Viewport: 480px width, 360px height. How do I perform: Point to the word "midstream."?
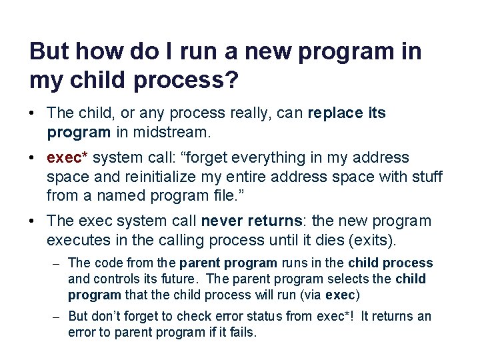pos(174,132)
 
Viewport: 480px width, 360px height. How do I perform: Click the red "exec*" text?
pos(69,158)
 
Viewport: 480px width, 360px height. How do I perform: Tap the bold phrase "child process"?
pos(392,263)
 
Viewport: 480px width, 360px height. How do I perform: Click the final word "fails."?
pos(241,332)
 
